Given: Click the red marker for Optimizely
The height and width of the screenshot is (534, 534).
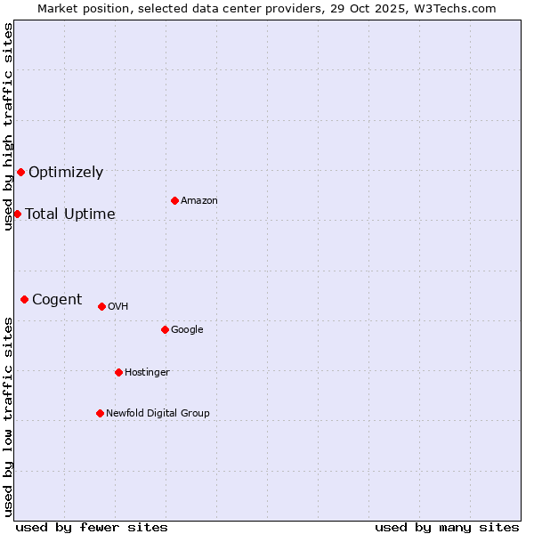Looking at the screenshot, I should pyautogui.click(x=20, y=172).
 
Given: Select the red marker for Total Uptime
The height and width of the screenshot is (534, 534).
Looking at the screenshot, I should pyautogui.click(x=17, y=214).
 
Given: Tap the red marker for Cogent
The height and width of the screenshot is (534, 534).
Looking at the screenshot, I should pyautogui.click(x=24, y=299).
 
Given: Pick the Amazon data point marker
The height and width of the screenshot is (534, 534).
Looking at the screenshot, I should pyautogui.click(x=174, y=200).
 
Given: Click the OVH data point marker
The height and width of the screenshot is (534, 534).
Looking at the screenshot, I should pyautogui.click(x=101, y=306).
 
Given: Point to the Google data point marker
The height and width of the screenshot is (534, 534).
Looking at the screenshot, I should pyautogui.click(x=165, y=329).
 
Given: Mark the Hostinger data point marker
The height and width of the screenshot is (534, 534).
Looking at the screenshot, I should pyautogui.click(x=118, y=372).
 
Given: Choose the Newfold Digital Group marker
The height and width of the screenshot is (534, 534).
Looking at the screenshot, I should pyautogui.click(x=100, y=413).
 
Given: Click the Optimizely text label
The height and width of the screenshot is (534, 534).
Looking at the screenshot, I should pyautogui.click(x=66, y=173).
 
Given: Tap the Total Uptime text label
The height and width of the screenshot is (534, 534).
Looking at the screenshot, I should pyautogui.click(x=70, y=214).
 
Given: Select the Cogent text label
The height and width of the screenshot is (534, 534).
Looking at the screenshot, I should pyautogui.click(x=57, y=300).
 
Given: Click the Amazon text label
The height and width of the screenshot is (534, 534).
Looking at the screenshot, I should pyautogui.click(x=199, y=201).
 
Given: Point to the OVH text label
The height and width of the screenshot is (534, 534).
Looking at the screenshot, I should pyautogui.click(x=118, y=307).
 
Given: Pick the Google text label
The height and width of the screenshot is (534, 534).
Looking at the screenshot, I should pyautogui.click(x=187, y=330).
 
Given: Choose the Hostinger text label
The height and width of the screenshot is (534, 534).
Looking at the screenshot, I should pyautogui.click(x=147, y=373).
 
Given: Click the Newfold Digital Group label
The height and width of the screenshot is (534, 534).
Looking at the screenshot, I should pyautogui.click(x=158, y=414).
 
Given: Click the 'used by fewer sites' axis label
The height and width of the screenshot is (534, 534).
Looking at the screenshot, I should pyautogui.click(x=92, y=527).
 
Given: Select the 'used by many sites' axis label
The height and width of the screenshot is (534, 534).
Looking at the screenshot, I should pyautogui.click(x=447, y=527).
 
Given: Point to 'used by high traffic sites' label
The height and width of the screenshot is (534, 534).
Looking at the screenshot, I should pyautogui.click(x=9, y=126).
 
